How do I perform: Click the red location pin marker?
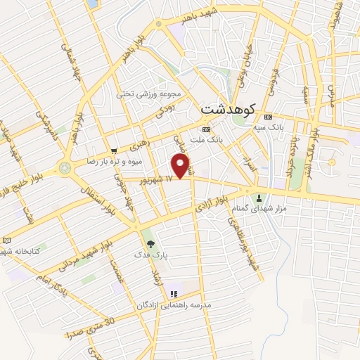(x=182, y=167)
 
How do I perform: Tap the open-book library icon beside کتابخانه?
(x=7, y=240)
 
